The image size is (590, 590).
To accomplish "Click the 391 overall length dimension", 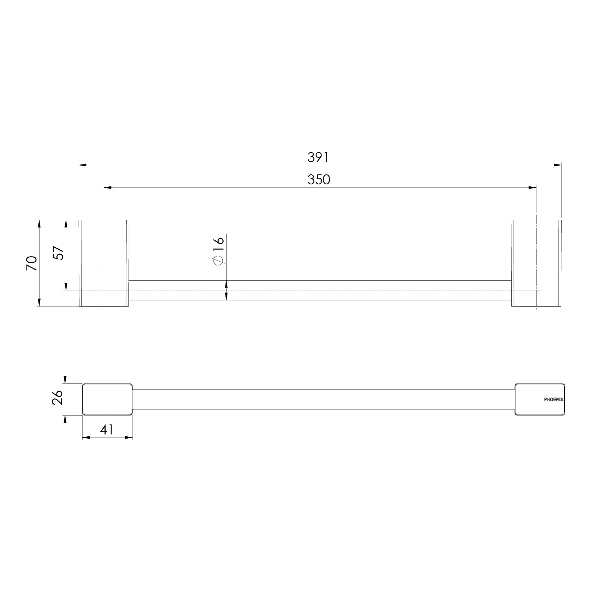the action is [x=318, y=157].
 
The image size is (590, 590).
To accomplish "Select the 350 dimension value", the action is [x=319, y=179].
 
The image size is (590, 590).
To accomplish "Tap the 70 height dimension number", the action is [x=31, y=263].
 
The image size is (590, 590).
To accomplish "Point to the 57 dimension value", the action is [x=58, y=253].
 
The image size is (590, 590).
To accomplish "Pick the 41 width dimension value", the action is [x=106, y=429].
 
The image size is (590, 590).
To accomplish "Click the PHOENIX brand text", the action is [x=554, y=399].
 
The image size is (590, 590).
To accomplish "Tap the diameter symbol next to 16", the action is [x=218, y=260].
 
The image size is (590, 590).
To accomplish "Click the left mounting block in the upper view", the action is [x=104, y=263].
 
